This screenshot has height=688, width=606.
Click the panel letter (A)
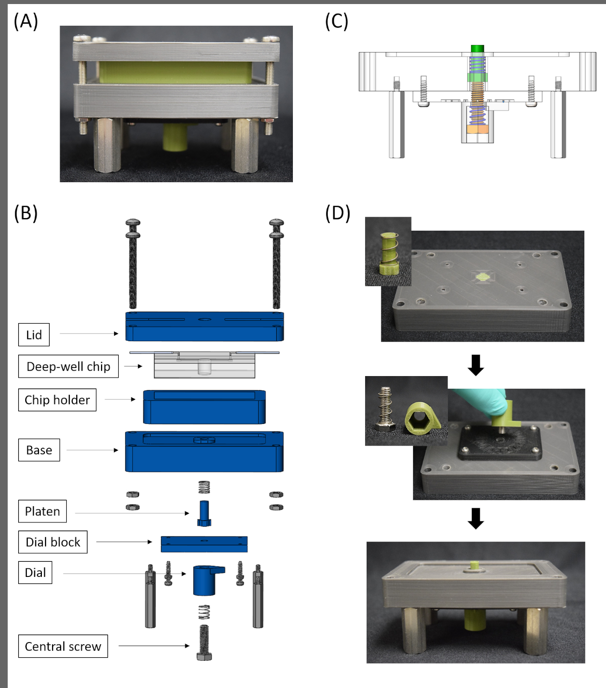click(26, 22)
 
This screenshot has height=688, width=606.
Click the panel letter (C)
click(336, 22)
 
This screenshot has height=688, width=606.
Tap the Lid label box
click(34, 335)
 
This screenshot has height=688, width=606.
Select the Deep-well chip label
click(68, 366)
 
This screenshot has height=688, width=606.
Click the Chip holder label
click(57, 400)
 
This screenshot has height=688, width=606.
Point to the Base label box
click(39, 450)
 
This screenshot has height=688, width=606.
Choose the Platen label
click(42, 511)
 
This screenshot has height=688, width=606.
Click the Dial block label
click(53, 542)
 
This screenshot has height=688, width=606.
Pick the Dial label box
click(35, 572)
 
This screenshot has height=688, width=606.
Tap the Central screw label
click(63, 646)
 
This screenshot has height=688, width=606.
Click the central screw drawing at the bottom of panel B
click(204, 643)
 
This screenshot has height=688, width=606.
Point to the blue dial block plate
click(204, 544)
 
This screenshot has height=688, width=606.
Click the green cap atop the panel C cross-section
click(477, 48)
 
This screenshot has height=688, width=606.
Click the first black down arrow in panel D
click(476, 365)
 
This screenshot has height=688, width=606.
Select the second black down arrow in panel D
click(476, 518)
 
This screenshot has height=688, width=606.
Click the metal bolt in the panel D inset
click(386, 408)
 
